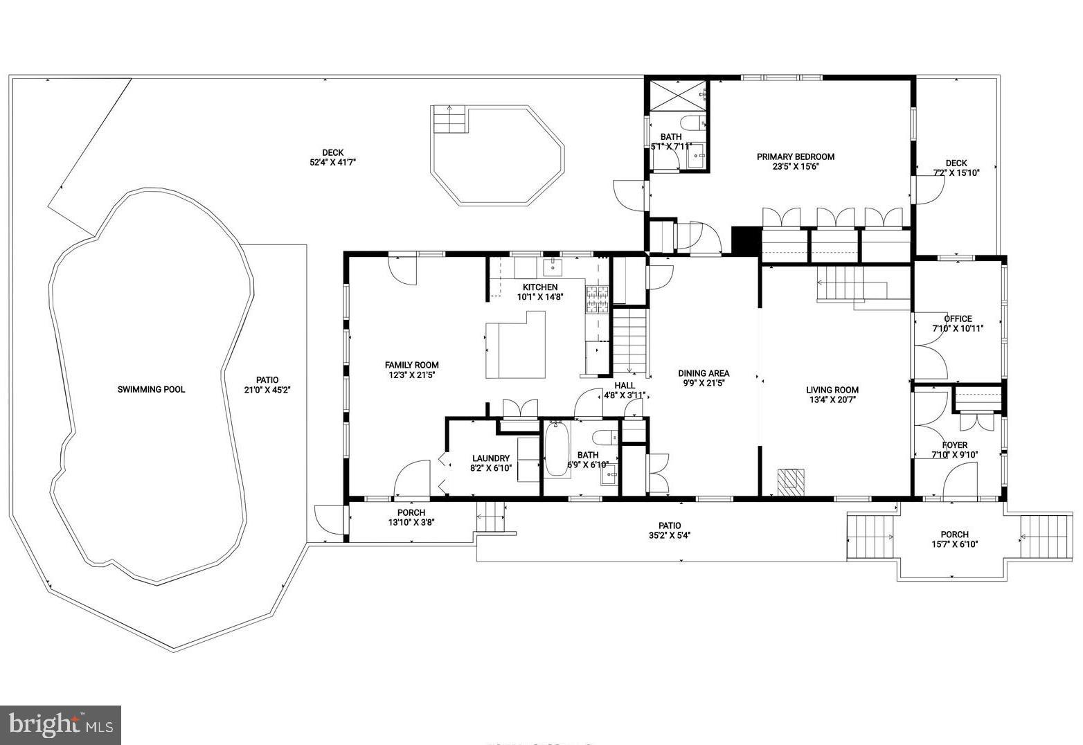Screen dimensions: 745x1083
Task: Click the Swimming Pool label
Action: [x=151, y=390]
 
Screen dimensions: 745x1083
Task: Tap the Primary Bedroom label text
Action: [x=795, y=156]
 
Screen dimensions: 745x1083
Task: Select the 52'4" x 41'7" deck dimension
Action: [x=332, y=163]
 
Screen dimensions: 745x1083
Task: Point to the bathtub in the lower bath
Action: [x=556, y=450]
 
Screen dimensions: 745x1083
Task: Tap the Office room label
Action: [x=958, y=318]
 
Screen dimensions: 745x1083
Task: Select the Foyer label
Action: [x=955, y=445]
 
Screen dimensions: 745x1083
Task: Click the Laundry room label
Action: [x=491, y=458]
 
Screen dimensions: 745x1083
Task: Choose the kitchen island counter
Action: [x=514, y=346]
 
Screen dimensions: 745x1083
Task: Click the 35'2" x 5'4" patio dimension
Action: [x=670, y=535]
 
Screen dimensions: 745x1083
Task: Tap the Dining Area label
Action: [x=704, y=373]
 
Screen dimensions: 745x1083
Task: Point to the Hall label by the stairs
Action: [x=625, y=386]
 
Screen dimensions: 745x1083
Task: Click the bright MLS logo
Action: [x=61, y=725]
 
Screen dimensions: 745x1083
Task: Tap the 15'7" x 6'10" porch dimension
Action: [x=954, y=544]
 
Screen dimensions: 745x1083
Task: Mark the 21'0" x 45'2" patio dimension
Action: [x=267, y=390]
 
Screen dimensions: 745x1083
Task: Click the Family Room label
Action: [x=411, y=365]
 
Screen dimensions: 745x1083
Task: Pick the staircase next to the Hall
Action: [x=630, y=341]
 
